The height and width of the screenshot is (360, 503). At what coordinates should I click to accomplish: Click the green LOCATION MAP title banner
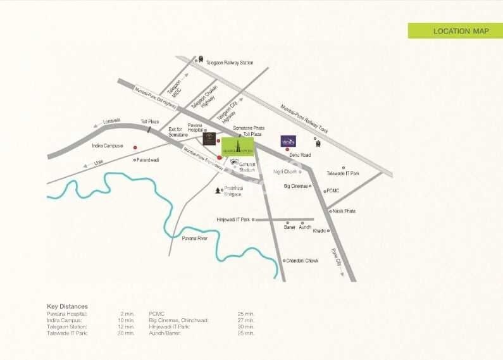pyautogui.click(x=456, y=31)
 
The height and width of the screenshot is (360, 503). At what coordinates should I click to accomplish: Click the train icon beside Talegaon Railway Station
pyautogui.click(x=201, y=60)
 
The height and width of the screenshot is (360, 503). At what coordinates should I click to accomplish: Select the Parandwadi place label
pyautogui.click(x=148, y=160)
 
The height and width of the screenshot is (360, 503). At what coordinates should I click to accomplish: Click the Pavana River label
pyautogui.click(x=195, y=239)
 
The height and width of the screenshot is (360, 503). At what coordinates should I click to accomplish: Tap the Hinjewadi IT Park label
pyautogui.click(x=233, y=220)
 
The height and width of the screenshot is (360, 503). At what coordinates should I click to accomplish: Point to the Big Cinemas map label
pyautogui.click(x=295, y=186)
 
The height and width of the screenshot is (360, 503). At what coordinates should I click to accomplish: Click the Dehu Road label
pyautogui.click(x=300, y=155)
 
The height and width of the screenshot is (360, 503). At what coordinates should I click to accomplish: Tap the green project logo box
pyautogui.click(x=237, y=147)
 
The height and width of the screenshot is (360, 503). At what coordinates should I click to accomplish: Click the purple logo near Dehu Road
pyautogui.click(x=288, y=141)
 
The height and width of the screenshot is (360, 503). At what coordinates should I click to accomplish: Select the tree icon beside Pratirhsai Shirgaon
pyautogui.click(x=218, y=190)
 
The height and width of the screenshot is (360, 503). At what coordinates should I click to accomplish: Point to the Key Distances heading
pyautogui.click(x=67, y=306)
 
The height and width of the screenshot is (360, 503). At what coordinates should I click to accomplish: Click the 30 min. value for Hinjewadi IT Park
pyautogui.click(x=245, y=326)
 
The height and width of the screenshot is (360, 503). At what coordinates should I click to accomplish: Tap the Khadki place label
pyautogui.click(x=319, y=231)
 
